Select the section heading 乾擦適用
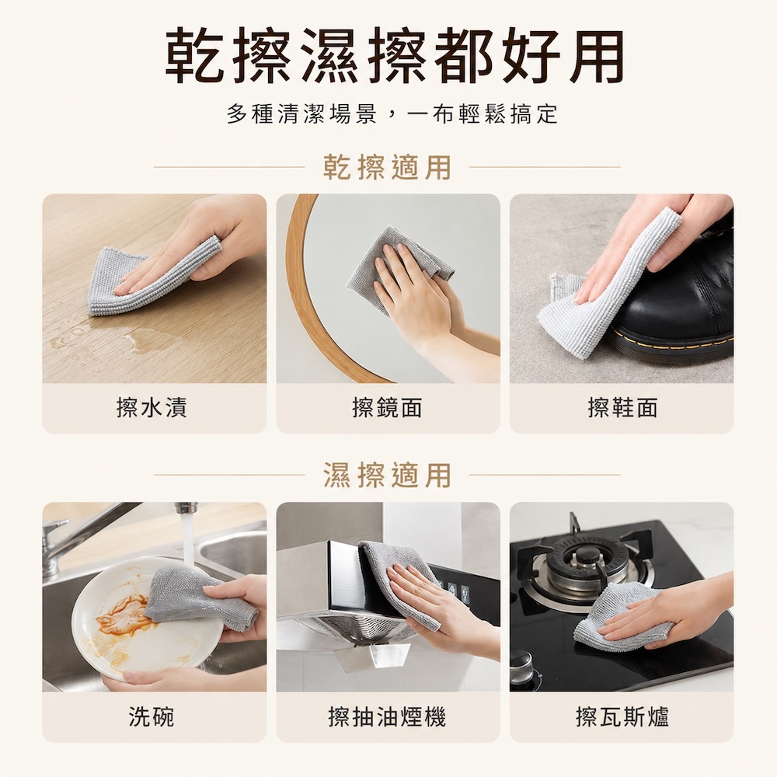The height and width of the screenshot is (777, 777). tap(387, 167)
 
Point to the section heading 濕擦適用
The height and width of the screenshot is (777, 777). tap(387, 475)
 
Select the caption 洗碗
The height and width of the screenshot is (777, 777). tap(152, 716)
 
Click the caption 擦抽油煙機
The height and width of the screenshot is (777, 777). tap(387, 716)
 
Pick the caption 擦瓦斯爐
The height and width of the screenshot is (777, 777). tap(622, 716)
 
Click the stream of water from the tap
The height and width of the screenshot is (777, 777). tap(187, 540)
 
